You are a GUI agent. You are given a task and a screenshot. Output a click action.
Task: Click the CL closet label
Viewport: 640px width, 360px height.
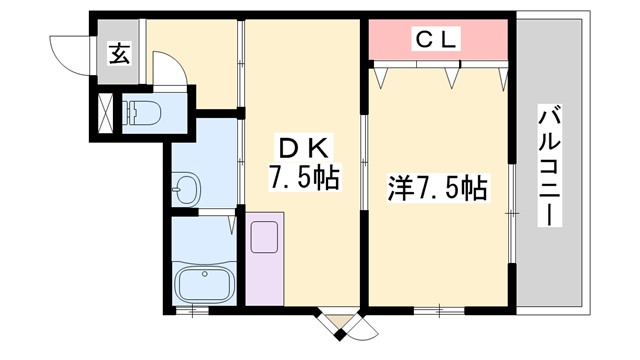click(436, 40)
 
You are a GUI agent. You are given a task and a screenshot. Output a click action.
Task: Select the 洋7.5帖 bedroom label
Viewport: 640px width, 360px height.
click(437, 188)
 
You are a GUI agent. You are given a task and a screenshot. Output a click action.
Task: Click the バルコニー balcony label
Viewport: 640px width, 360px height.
click(550, 165)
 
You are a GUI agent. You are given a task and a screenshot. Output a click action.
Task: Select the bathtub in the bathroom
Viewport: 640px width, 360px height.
click(203, 284)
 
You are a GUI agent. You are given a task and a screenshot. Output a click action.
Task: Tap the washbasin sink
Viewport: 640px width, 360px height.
click(186, 188)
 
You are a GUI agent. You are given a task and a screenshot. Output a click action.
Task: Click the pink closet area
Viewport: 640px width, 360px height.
click(436, 42)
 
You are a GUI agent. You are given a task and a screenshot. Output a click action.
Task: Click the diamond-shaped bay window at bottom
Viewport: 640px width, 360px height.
click(343, 322)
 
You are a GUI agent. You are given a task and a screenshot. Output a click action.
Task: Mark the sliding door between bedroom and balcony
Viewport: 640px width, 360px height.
click(511, 215)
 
